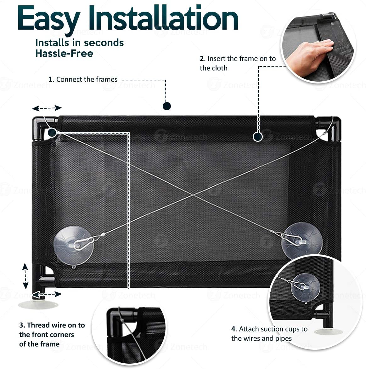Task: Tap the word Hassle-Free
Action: click(x=64, y=54)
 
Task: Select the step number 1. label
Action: click(x=52, y=79)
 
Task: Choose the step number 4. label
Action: click(x=234, y=329)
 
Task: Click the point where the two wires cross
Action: click(x=193, y=195)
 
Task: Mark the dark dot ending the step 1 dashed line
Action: click(x=167, y=106)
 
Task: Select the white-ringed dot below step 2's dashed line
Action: click(x=258, y=137)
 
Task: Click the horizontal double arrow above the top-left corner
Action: click(x=47, y=108)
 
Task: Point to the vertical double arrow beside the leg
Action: click(x=25, y=276)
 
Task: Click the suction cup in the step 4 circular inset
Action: click(x=305, y=288)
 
